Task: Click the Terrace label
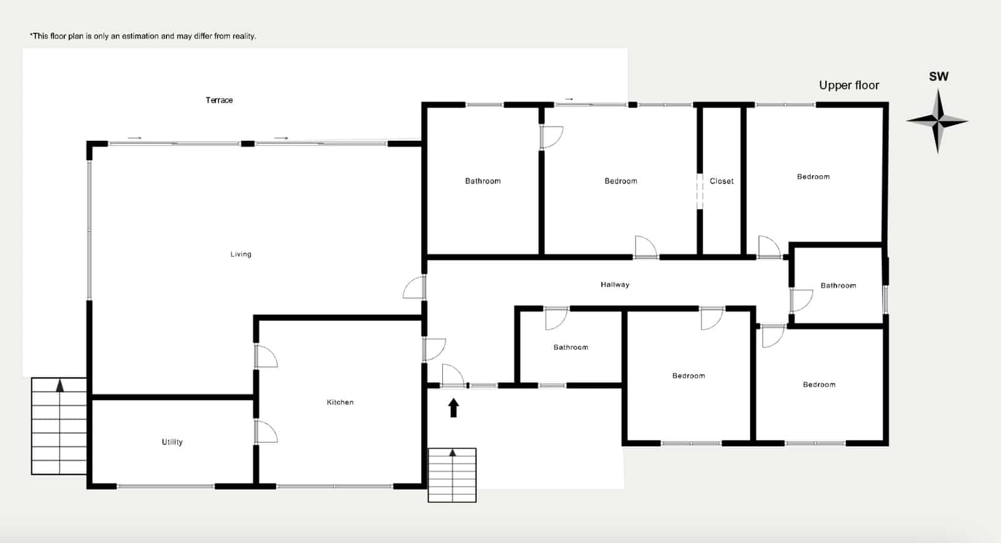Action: pyautogui.click(x=219, y=100)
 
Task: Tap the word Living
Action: pyautogui.click(x=241, y=254)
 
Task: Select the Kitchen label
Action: pyautogui.click(x=340, y=402)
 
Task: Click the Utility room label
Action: pyautogui.click(x=172, y=442)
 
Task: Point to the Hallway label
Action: pyautogui.click(x=615, y=285)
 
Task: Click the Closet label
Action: pyautogui.click(x=721, y=181)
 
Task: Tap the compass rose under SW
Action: pyautogui.click(x=937, y=121)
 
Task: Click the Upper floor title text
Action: pyautogui.click(x=849, y=85)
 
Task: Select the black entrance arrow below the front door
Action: pyautogui.click(x=454, y=408)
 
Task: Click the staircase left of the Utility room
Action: pyautogui.click(x=59, y=426)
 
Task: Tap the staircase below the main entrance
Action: pyautogui.click(x=452, y=475)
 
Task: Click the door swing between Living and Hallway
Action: pyautogui.click(x=415, y=288)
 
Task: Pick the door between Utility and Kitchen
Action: pyautogui.click(x=265, y=432)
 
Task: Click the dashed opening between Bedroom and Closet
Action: pyautogui.click(x=699, y=191)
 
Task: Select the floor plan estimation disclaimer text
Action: pyautogui.click(x=143, y=36)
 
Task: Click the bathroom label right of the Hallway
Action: pyautogui.click(x=838, y=285)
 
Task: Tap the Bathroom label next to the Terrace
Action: pyautogui.click(x=482, y=181)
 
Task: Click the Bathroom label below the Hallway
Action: pyautogui.click(x=571, y=347)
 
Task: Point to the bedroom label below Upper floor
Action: pyautogui.click(x=813, y=176)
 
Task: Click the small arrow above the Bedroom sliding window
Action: pyautogui.click(x=569, y=99)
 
